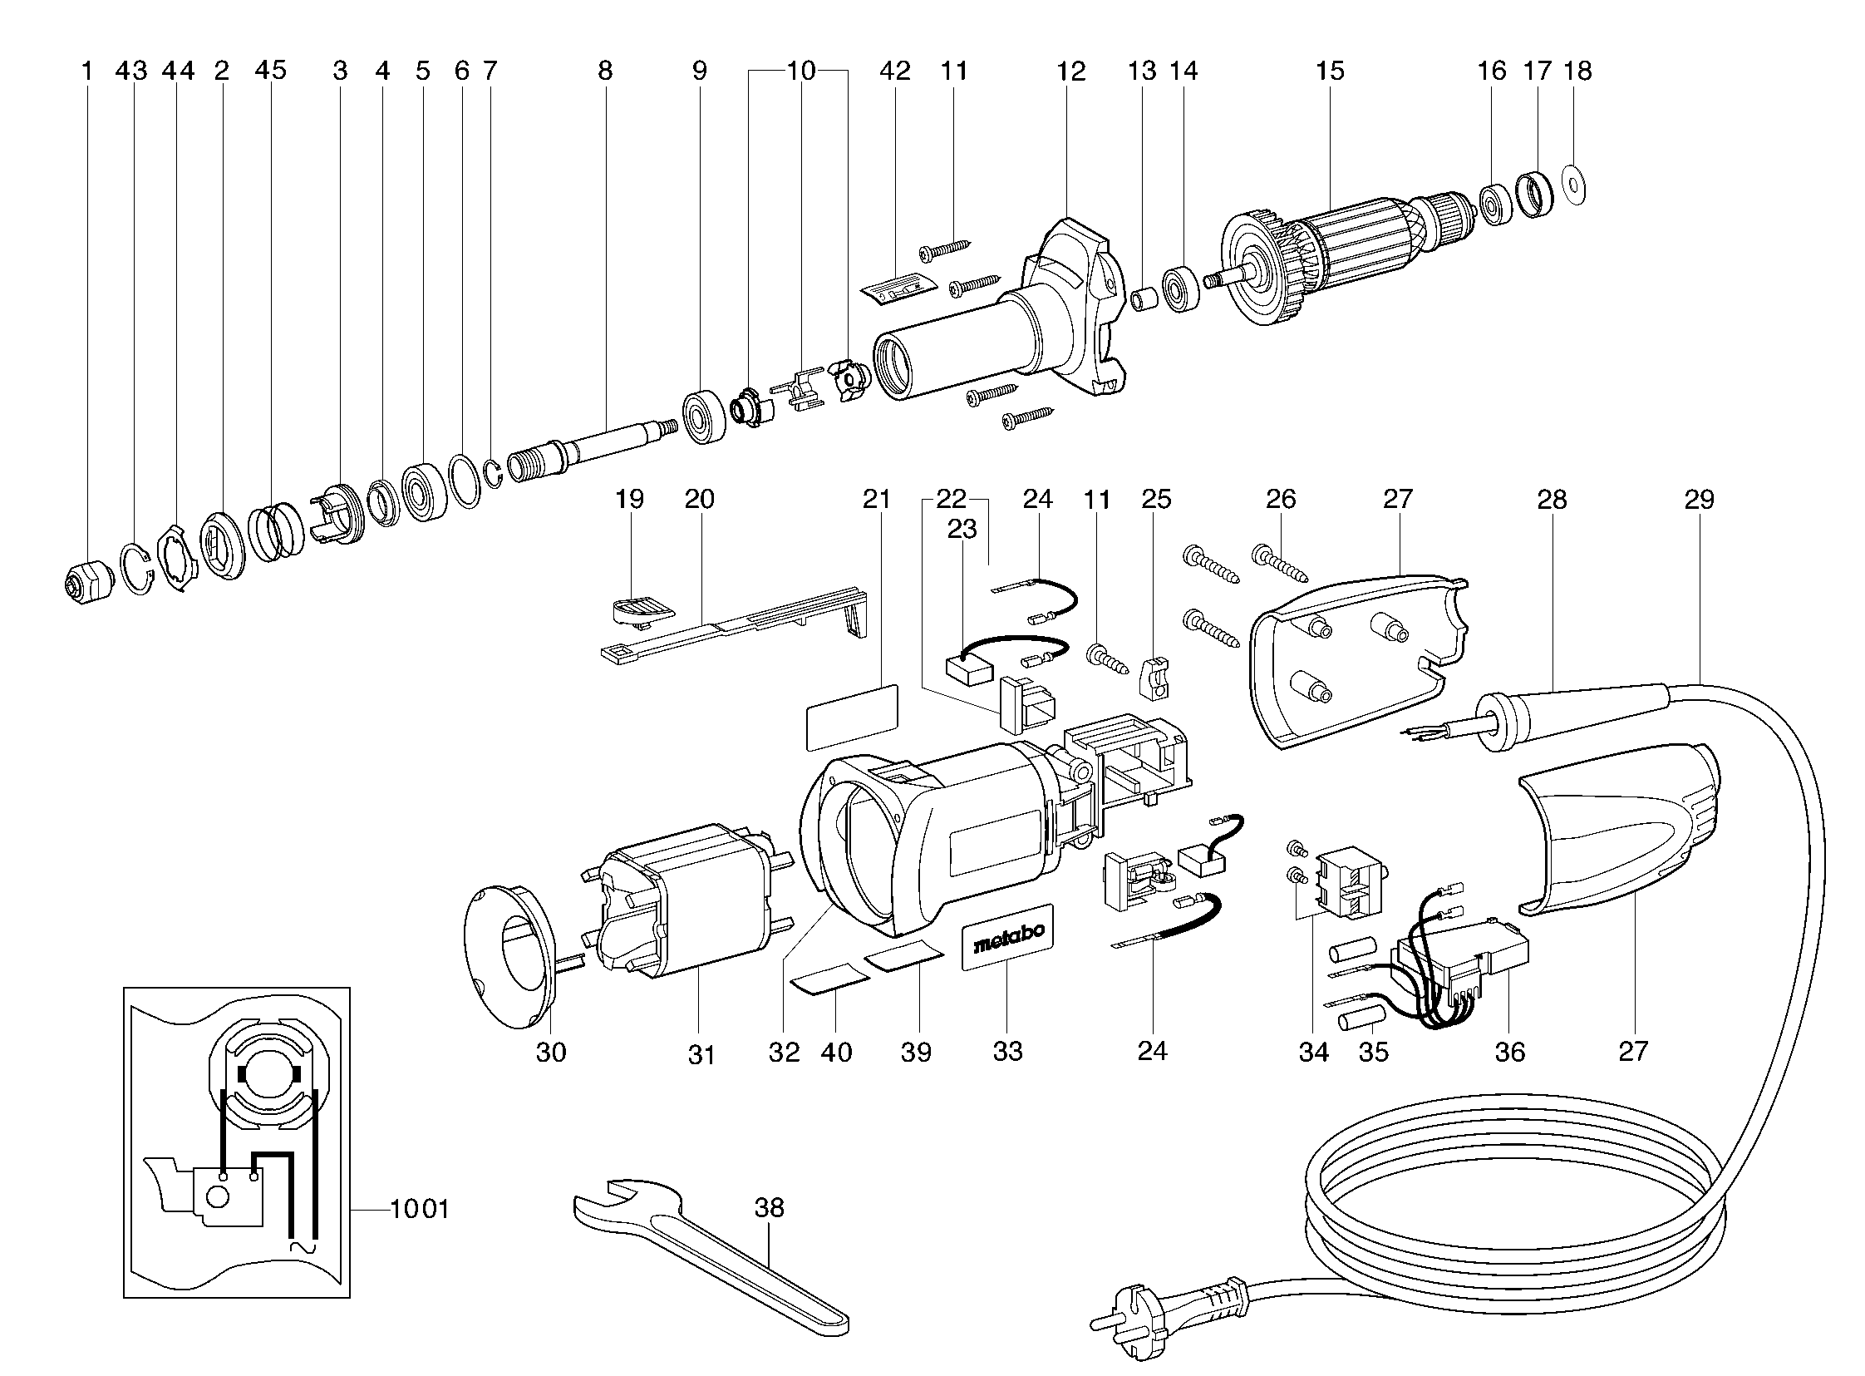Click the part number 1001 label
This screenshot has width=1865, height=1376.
pyautogui.click(x=420, y=1209)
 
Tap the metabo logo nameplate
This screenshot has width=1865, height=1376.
pyautogui.click(x=1006, y=936)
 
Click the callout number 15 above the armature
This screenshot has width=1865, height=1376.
pyautogui.click(x=1330, y=72)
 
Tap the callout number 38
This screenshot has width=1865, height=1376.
pyautogui.click(x=770, y=1207)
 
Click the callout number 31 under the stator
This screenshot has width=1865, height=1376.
pyautogui.click(x=701, y=1055)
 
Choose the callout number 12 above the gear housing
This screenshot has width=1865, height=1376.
pyautogui.click(x=1071, y=72)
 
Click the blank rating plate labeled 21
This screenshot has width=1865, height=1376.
pyautogui.click(x=853, y=718)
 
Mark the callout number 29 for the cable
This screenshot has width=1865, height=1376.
pyautogui.click(x=1700, y=500)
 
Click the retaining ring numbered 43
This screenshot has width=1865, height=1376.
pyautogui.click(x=136, y=570)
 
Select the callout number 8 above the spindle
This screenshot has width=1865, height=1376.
pyautogui.click(x=605, y=72)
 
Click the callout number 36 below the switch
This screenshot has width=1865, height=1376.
pyautogui.click(x=1509, y=1052)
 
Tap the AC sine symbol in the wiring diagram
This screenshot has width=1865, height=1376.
pyautogui.click(x=300, y=1248)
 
